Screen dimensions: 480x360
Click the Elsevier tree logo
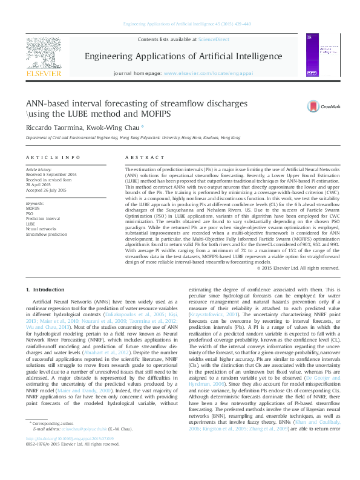(44, 56)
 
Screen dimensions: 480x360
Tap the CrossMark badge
(319, 106)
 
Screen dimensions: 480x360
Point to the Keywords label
(35, 204)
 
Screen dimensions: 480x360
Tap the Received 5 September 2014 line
(52, 175)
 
